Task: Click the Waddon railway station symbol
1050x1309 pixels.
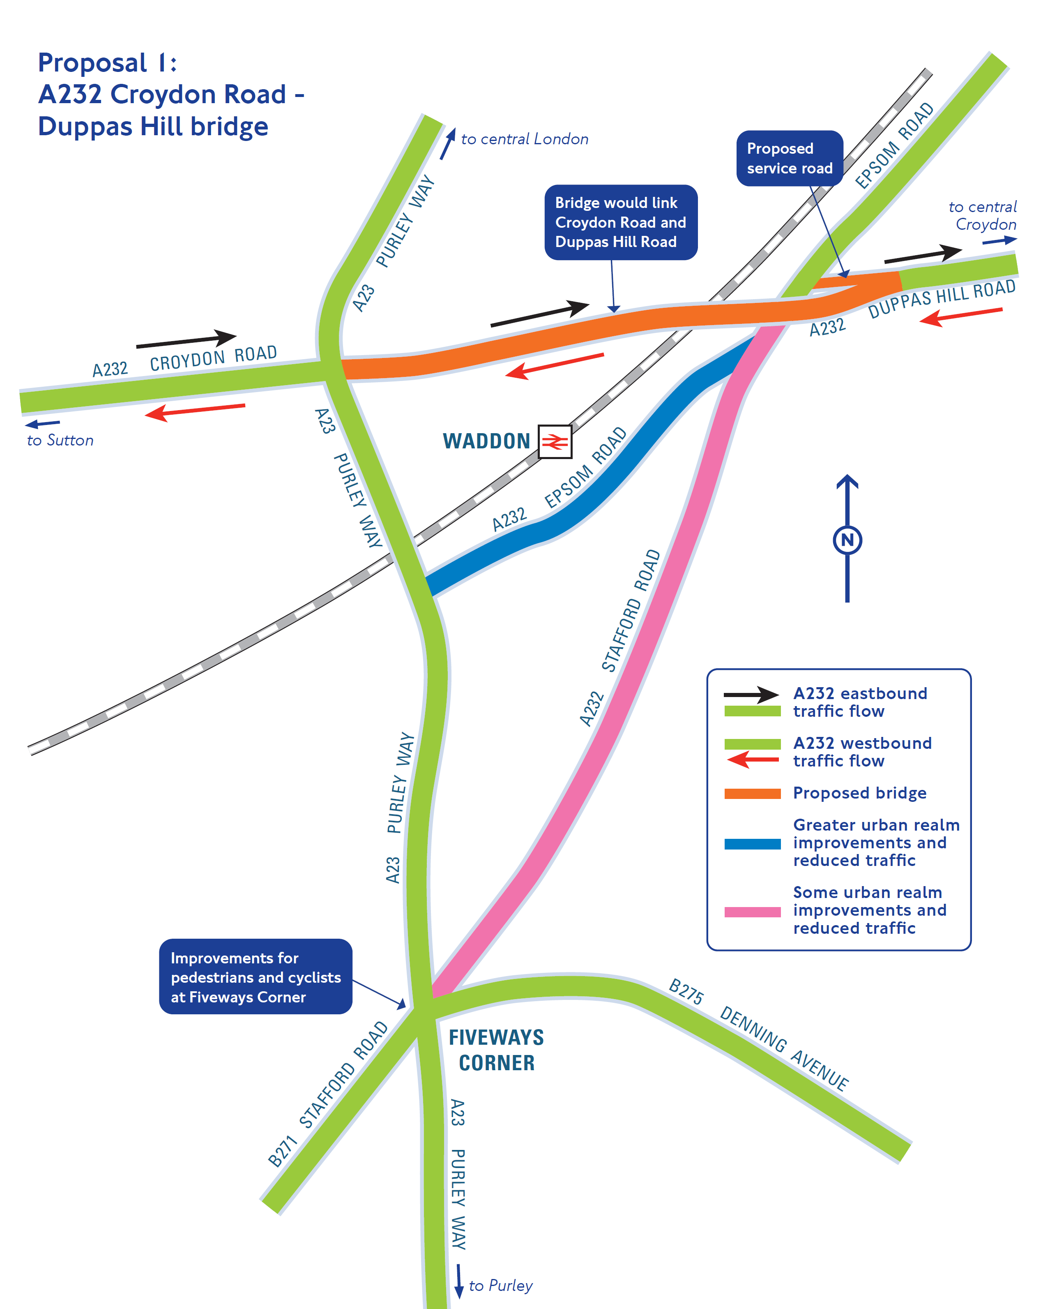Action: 554,441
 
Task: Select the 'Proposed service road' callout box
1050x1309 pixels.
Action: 789,159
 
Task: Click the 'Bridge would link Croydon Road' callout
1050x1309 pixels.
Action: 620,222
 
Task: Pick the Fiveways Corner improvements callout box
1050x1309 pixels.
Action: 256,977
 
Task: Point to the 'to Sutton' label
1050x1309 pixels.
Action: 60,440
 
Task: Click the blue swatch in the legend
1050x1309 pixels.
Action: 752,843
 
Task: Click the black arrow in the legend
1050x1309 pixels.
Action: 751,694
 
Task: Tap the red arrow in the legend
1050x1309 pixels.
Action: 753,759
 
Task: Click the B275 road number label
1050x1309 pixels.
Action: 686,991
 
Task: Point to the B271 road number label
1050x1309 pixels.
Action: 283,1151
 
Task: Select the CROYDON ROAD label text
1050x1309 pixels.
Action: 213,358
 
